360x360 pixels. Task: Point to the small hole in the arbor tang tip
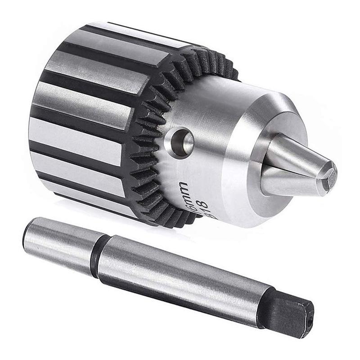tap(309, 320)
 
